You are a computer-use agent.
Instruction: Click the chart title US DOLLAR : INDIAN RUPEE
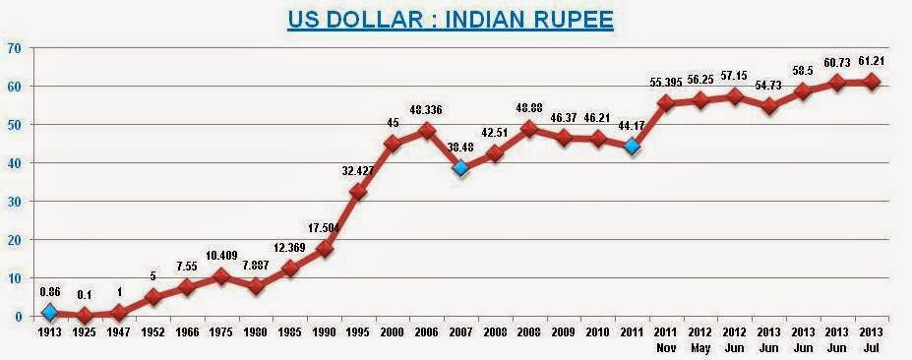452,21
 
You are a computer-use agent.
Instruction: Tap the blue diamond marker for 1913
48,313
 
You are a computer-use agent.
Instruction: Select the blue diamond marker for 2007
459,168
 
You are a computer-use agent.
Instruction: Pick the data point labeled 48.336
425,130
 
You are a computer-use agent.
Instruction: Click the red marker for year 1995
358,192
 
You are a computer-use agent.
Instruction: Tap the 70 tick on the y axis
14,47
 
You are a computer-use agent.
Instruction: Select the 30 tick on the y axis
14,201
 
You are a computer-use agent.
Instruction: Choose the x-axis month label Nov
665,347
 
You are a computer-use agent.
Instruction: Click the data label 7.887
254,266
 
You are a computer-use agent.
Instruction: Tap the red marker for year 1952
152,296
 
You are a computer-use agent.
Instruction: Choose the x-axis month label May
700,347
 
